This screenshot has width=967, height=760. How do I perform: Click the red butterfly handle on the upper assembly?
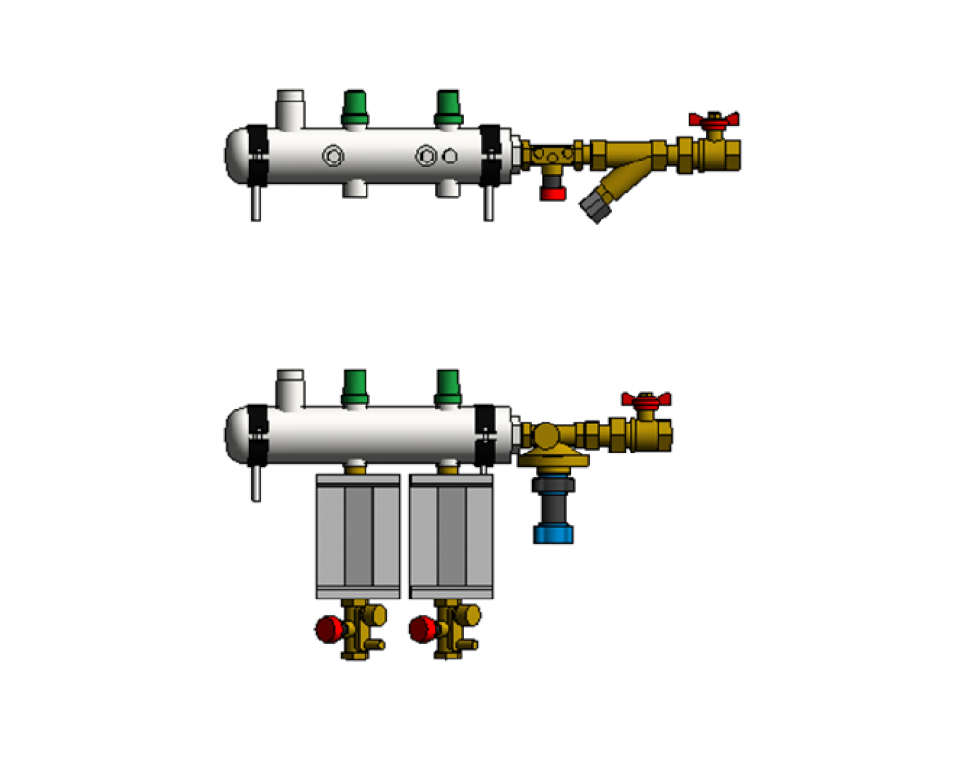pyautogui.click(x=714, y=119)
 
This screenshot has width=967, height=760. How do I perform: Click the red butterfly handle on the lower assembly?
pyautogui.click(x=646, y=399)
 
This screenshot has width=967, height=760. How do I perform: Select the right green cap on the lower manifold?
pyautogui.click(x=448, y=385)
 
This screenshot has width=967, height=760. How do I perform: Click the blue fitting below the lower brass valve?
pyautogui.click(x=553, y=532)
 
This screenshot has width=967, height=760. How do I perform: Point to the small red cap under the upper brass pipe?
pyautogui.click(x=552, y=191)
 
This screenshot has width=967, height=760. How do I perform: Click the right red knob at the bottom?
pyautogui.click(x=421, y=631)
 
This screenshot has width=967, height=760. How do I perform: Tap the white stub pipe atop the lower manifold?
pyautogui.click(x=290, y=387)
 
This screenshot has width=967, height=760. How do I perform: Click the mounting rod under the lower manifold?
pyautogui.click(x=256, y=483)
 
